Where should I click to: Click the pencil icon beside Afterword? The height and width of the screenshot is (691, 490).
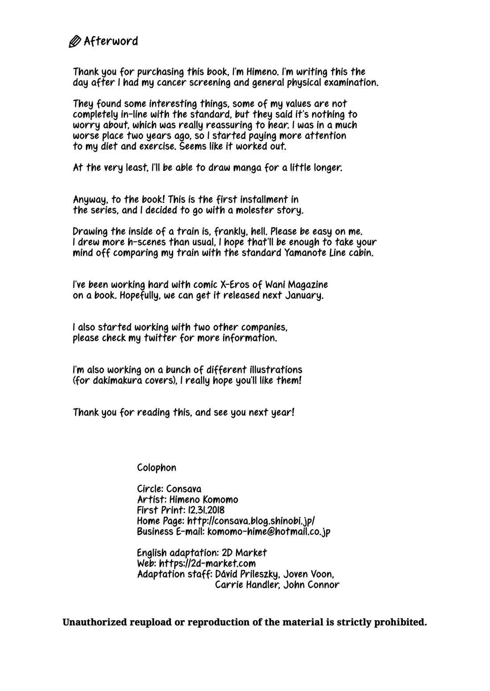(74, 42)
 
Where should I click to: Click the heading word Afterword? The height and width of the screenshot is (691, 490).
(111, 41)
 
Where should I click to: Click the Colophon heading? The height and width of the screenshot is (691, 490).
(156, 468)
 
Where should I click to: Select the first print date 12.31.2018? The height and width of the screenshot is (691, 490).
(206, 510)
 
